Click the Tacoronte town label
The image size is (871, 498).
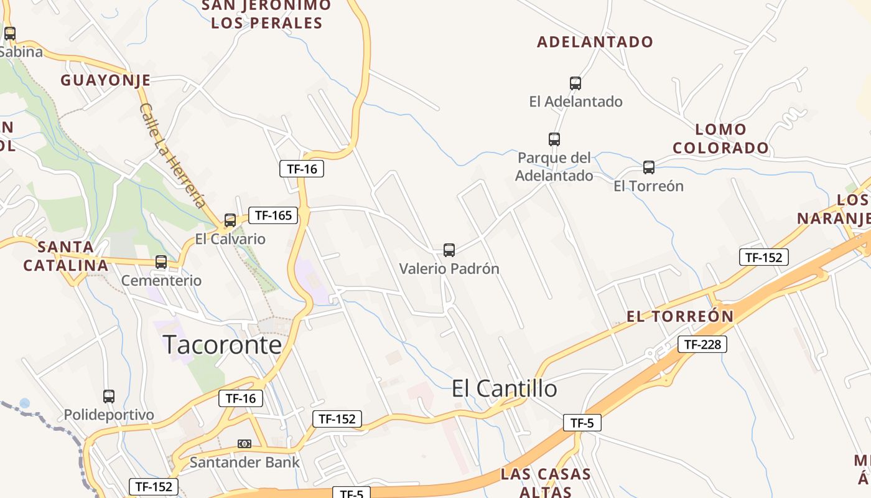click(222, 345)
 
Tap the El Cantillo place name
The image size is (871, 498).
click(504, 388)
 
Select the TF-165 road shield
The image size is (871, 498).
click(273, 215)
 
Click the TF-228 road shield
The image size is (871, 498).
click(702, 344)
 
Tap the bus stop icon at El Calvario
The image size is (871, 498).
click(230, 220)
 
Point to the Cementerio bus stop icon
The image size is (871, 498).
click(161, 262)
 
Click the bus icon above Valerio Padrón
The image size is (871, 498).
click(449, 250)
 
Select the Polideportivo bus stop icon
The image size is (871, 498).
click(109, 397)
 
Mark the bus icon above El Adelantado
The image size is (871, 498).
click(575, 83)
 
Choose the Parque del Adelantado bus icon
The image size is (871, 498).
click(554, 139)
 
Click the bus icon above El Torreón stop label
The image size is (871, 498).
click(649, 167)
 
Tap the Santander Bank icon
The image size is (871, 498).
click(245, 444)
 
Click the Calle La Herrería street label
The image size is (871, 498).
click(172, 155)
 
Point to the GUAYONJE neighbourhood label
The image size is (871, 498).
click(105, 80)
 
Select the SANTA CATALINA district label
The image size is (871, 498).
click(65, 256)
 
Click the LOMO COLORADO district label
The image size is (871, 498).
click(720, 139)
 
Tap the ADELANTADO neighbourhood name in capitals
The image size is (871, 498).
click(595, 42)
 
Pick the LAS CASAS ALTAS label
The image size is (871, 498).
click(545, 482)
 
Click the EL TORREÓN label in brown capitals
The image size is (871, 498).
click(680, 316)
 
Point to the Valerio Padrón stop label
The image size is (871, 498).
click(449, 269)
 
